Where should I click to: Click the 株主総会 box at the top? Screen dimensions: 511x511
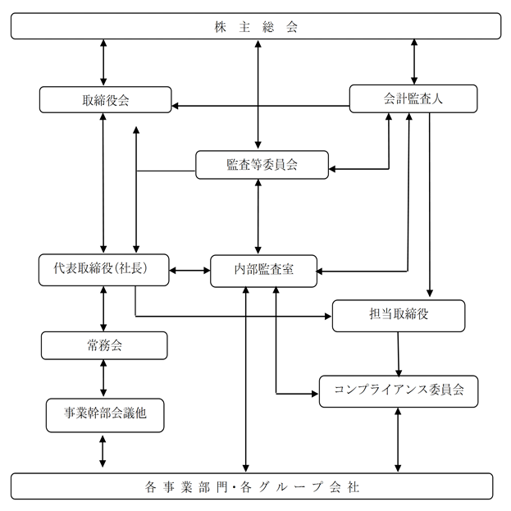coord(256,26)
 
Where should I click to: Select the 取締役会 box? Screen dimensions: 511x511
coord(105,100)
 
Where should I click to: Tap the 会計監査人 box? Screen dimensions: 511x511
coord(413,98)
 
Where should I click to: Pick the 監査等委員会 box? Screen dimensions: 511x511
coord(262,165)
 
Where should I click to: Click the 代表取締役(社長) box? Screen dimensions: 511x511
coord(104,270)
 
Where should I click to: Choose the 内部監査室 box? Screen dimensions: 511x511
coord(263,271)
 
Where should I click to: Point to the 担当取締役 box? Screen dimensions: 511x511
coord(399,316)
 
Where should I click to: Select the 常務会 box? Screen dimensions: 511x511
coord(104,345)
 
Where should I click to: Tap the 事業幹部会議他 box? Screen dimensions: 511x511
coord(105,415)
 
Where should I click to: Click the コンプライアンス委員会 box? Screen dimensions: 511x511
coord(399,391)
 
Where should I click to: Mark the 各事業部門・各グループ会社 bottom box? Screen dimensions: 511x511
coord(252,486)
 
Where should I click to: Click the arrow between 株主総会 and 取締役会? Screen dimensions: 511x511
coord(103,62)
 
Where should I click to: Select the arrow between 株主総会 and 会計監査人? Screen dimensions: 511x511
coord(414,62)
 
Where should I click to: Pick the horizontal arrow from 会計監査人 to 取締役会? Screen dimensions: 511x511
coord(260,106)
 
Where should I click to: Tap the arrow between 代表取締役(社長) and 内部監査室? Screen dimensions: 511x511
coord(189,271)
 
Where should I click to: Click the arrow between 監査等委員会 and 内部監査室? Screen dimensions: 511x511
coord(258,217)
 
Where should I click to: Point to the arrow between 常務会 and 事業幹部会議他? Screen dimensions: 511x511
coord(103,379)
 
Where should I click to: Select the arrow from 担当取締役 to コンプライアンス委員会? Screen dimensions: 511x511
coord(398,354)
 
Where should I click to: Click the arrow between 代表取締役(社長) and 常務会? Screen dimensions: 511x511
coord(103,309)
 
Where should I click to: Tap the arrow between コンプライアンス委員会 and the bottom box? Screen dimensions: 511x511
coord(398,440)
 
